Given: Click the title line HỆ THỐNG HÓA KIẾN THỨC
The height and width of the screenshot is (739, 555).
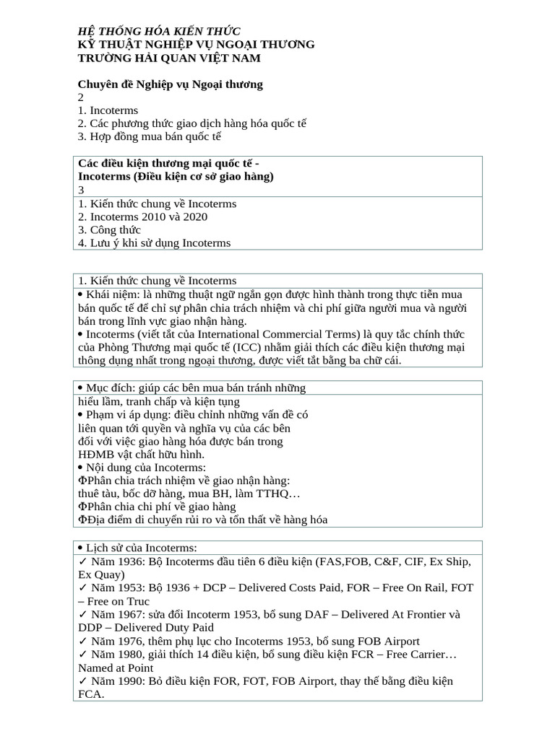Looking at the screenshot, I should click(159, 31).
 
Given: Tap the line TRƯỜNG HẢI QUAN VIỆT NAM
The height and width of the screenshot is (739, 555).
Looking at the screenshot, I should click(169, 58).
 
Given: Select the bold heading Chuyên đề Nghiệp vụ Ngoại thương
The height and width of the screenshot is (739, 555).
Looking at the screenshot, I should click(170, 84).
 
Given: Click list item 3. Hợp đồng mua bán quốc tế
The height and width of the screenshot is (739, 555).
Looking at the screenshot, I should click(149, 136).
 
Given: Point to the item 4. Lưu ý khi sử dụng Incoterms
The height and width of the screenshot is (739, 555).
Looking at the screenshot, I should click(154, 243).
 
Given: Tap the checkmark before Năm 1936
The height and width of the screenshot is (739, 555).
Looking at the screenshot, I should click(82, 561).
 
